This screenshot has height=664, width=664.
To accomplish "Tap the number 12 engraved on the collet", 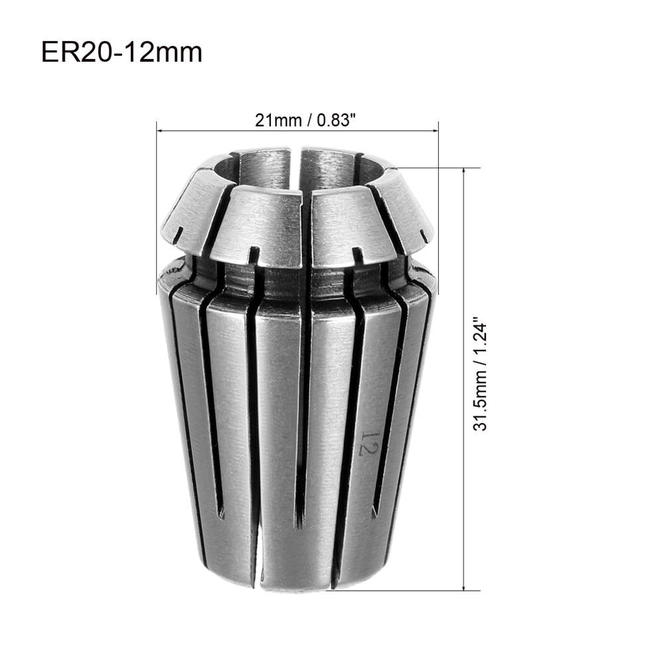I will click(367, 442).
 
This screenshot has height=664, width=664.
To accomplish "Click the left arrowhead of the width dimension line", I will click(159, 131).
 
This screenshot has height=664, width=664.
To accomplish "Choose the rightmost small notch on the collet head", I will click(423, 234).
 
